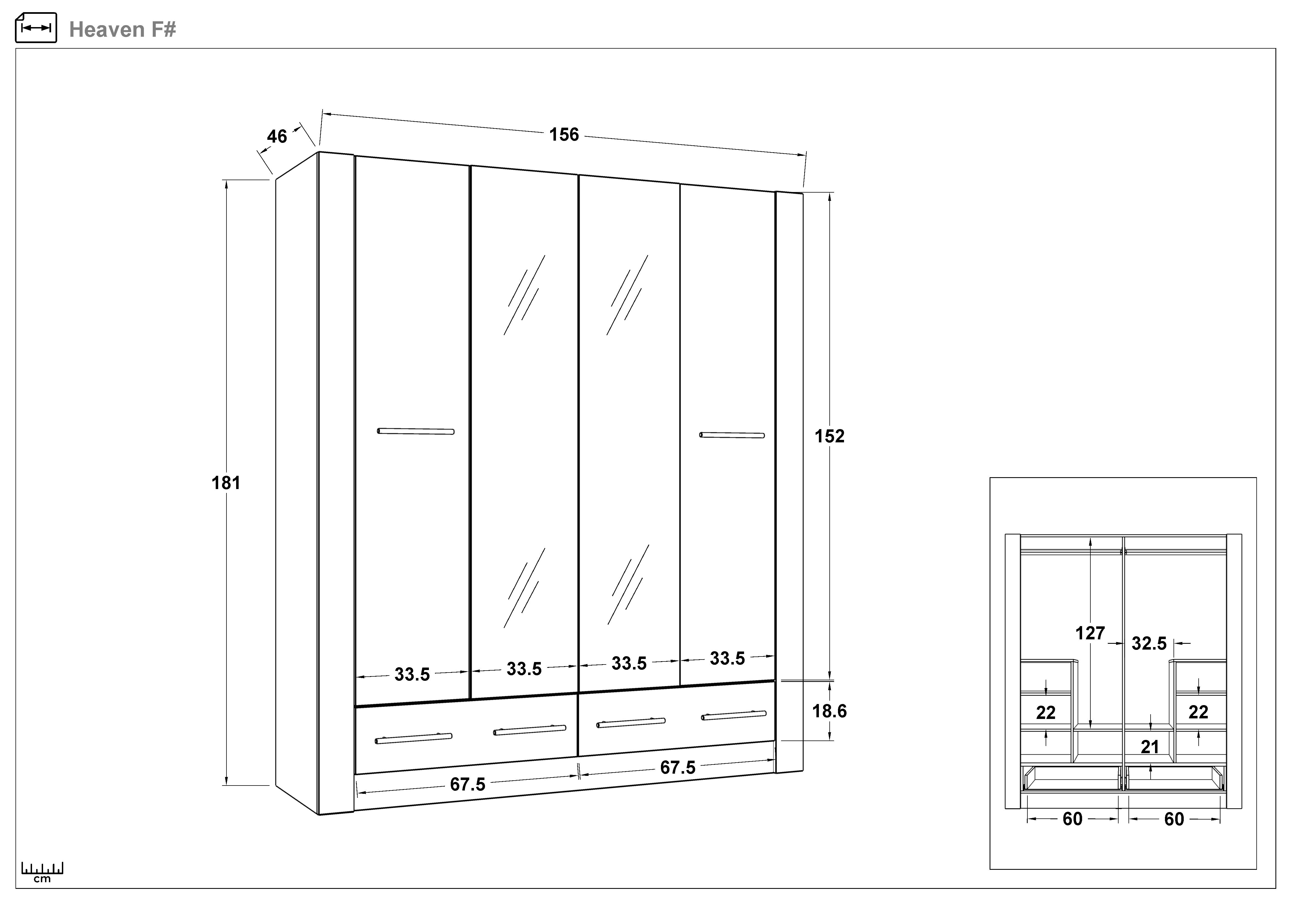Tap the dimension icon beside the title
click(36, 28)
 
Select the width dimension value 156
click(564, 135)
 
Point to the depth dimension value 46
click(277, 136)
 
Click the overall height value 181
click(226, 483)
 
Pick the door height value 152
click(829, 436)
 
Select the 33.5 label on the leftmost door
click(412, 674)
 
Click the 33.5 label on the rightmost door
click(727, 658)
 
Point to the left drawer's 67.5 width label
click(468, 784)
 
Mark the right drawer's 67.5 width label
click(677, 767)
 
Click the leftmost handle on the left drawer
click(414, 738)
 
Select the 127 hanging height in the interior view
click(1090, 633)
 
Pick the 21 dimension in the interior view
click(1150, 747)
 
